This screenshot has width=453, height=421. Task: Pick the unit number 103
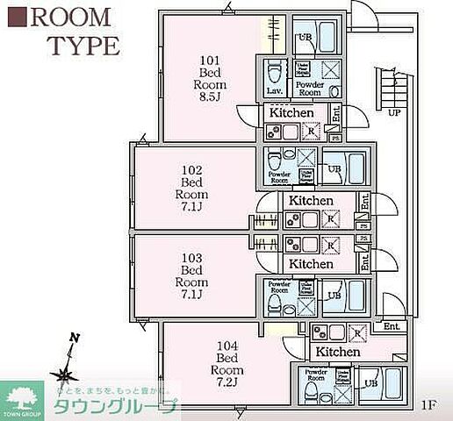191,258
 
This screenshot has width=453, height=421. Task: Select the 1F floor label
428,404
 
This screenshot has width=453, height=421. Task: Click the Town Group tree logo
24,394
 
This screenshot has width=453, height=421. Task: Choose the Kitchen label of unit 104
338,352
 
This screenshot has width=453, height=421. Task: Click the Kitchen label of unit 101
291,113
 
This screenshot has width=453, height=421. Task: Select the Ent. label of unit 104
392,326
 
